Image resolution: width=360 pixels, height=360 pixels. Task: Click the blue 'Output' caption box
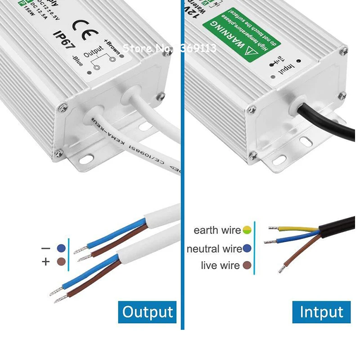(147, 311)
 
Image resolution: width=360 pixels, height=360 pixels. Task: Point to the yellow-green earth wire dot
(247, 231)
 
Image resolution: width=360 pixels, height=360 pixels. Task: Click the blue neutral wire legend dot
(247, 248)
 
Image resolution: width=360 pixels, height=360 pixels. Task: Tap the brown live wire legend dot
(247, 265)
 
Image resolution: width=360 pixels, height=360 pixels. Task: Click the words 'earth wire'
(217, 231)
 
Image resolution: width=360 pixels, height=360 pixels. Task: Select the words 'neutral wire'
(214, 249)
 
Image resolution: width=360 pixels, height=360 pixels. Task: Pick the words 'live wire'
(220, 265)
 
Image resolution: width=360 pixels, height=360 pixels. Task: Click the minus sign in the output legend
(45, 248)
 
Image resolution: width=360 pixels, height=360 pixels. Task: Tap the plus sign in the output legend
(45, 261)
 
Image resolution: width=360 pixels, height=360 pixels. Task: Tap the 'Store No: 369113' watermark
(170, 48)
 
